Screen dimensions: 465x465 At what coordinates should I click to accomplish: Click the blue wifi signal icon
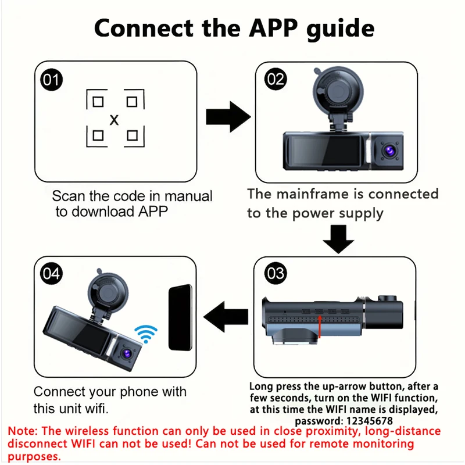point(146,334)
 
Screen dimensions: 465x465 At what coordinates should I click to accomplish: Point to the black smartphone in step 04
point(180,318)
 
